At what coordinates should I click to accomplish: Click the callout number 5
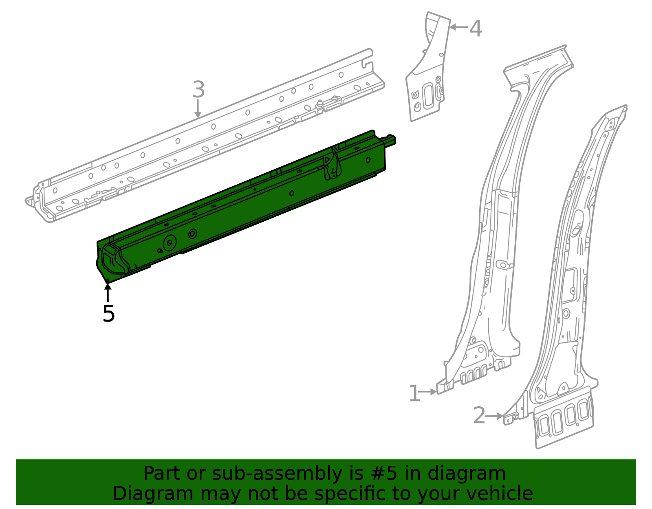pyautogui.click(x=109, y=313)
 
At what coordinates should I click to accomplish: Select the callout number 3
pyautogui.click(x=198, y=90)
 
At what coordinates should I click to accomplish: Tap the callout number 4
pyautogui.click(x=476, y=29)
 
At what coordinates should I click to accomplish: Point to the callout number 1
pyautogui.click(x=414, y=394)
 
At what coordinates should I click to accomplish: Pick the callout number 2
pyautogui.click(x=479, y=416)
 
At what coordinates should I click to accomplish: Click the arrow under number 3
pyautogui.click(x=198, y=109)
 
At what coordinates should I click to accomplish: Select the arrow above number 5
pyautogui.click(x=108, y=291)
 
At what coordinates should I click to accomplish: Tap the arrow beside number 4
pyautogui.click(x=458, y=27)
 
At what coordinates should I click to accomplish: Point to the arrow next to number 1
pyautogui.click(x=428, y=392)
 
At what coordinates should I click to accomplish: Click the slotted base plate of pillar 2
pyautogui.click(x=564, y=420)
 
